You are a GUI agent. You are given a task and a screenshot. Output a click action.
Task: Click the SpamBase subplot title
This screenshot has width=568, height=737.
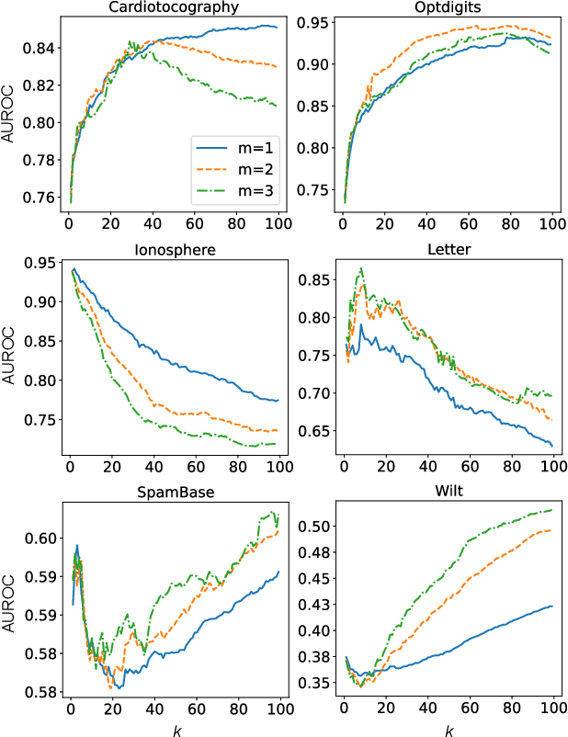tap(176, 493)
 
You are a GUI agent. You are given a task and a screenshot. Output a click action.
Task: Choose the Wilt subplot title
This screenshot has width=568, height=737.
tap(446, 493)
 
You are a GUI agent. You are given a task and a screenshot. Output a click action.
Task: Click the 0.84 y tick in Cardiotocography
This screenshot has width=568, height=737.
tap(40, 48)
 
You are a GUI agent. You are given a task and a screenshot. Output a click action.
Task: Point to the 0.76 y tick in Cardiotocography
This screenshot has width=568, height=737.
tap(40, 198)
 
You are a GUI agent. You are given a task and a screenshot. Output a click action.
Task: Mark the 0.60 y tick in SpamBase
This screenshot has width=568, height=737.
tap(40, 538)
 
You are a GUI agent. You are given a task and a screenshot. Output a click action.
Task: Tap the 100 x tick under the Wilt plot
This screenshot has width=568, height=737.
tap(551, 709)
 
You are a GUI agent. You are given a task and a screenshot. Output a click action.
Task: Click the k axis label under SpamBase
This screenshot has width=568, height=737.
tap(176, 729)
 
